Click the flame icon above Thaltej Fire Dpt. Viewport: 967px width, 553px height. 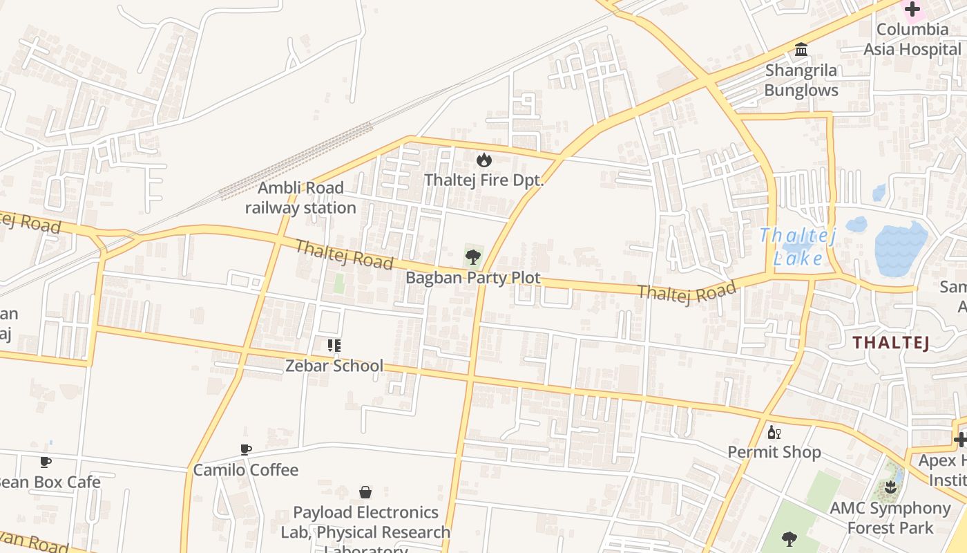[x=483, y=160]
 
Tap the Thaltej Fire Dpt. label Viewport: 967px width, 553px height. [x=483, y=180]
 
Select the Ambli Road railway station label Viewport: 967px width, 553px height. [x=300, y=198]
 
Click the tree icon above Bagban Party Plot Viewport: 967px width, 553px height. [x=472, y=258]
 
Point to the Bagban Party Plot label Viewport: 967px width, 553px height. [x=472, y=278]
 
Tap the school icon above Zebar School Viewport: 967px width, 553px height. [x=334, y=345]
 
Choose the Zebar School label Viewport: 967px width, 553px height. [x=334, y=366]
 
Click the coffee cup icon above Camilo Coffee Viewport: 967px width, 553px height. [x=246, y=450]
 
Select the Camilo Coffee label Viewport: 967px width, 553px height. [x=246, y=470]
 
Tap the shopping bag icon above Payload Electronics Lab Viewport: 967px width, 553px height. [x=365, y=492]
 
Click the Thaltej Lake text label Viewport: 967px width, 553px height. [x=798, y=247]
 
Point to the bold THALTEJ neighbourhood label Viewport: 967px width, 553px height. [x=891, y=342]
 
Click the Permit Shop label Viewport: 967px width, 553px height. [x=774, y=452]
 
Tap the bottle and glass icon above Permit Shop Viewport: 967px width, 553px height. [x=774, y=433]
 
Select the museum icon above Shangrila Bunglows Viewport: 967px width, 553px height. [x=801, y=50]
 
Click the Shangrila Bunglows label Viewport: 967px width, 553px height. [x=801, y=80]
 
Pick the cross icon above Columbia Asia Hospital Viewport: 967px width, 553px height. [x=912, y=10]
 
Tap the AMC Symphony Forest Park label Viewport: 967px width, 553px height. [x=890, y=518]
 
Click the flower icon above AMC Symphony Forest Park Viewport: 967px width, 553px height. [x=890, y=487]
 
